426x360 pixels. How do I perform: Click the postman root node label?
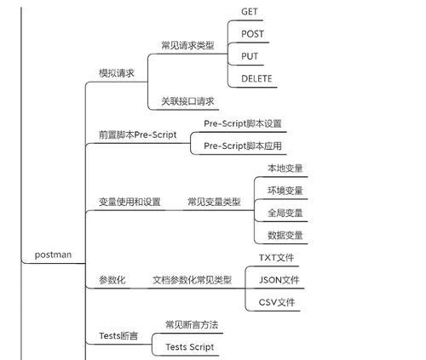coord(53,254)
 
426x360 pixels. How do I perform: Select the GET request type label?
coord(250,12)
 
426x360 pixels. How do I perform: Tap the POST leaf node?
coord(252,34)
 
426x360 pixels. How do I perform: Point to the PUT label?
coord(250,56)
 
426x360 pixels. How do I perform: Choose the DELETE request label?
coord(256,78)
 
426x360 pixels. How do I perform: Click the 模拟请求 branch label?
coord(117,73)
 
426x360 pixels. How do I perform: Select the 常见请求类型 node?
coord(187,45)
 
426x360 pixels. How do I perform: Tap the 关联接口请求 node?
coord(187,101)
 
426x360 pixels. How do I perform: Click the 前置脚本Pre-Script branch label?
coord(138,134)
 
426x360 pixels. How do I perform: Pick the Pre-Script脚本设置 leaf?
coord(243,123)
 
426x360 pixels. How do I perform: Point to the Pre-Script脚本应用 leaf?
coord(243,146)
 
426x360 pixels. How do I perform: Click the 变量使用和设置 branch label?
coord(130,202)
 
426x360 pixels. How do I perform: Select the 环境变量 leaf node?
coord(285,191)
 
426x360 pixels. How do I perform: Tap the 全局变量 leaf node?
coord(285,213)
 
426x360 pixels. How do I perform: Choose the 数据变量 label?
coord(285,235)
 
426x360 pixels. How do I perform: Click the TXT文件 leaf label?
coord(276,258)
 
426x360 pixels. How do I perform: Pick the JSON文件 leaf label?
coord(279,280)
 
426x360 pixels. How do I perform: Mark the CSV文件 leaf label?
coord(277,302)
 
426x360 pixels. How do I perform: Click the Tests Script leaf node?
coord(190,347)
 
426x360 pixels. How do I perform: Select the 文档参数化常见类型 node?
coord(193,280)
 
